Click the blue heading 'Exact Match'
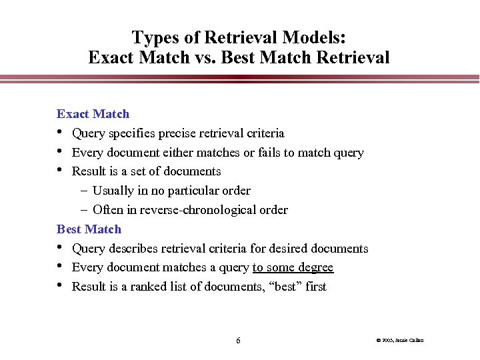click(93, 114)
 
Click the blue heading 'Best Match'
click(89, 229)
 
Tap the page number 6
click(238, 341)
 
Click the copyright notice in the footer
click(400, 341)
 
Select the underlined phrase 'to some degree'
click(293, 268)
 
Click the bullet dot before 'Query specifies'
click(61, 132)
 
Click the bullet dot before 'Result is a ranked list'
click(61, 286)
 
